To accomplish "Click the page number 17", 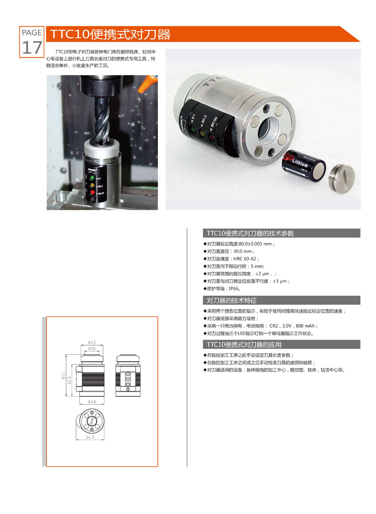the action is point(32,47).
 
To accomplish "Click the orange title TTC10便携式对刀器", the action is point(110,34).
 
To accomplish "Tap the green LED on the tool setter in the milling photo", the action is point(93,178).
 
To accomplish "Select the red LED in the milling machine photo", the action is point(93,193).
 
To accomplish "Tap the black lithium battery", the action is point(304,166).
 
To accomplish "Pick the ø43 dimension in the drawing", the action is point(92,342).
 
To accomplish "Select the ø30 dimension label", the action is point(92,348).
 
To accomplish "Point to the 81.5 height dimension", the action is point(63,376).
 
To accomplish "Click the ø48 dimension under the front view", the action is point(92,402).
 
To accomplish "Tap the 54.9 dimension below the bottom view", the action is point(90,437).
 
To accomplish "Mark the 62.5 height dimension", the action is point(70,380).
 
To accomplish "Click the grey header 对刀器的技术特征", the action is point(232,300).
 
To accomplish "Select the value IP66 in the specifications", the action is point(234,289).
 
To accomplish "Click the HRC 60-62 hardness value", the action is point(245,259).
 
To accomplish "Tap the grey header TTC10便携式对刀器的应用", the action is point(244,345).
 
